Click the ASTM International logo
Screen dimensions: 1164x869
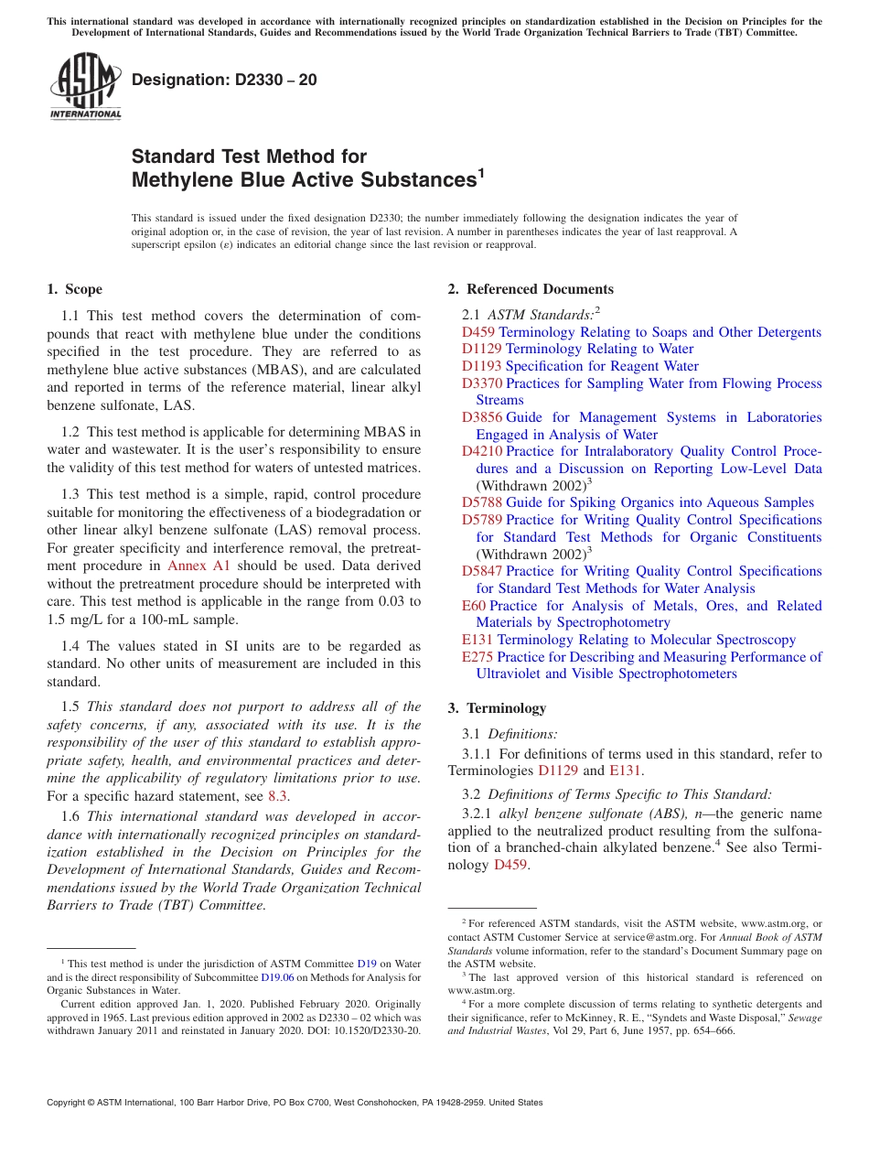(x=85, y=87)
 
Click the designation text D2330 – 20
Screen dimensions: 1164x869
(x=224, y=80)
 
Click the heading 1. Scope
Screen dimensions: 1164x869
(x=74, y=289)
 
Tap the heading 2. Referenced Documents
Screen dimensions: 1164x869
(x=531, y=289)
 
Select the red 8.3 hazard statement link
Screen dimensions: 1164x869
(x=277, y=795)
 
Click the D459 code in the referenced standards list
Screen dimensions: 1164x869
(x=478, y=332)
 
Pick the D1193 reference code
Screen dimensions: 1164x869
(x=482, y=366)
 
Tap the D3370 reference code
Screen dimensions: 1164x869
(x=482, y=383)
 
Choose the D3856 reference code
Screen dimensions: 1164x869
(x=482, y=417)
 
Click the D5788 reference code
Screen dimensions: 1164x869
(x=482, y=502)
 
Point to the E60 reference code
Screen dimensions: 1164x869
(x=474, y=606)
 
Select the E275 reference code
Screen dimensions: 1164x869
(x=477, y=656)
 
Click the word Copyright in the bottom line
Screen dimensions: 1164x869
(x=70, y=1103)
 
